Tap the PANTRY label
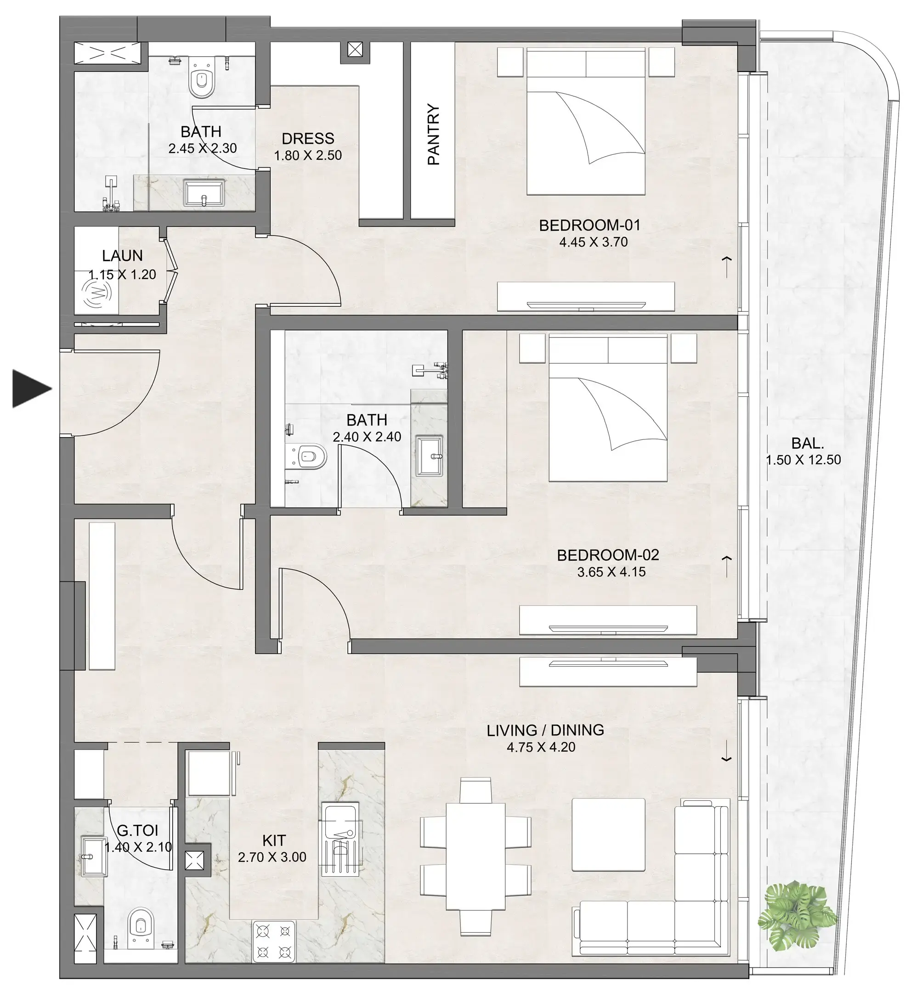tap(433, 135)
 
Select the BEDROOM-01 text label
tap(589, 225)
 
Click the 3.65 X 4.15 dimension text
tap(611, 572)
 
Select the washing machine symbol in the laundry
tap(97, 294)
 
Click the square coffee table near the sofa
tap(608, 834)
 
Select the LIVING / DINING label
tap(545, 730)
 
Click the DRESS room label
tap(308, 138)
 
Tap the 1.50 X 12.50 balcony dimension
tap(803, 460)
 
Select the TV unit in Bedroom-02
tap(607, 620)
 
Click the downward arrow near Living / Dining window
tap(726, 758)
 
